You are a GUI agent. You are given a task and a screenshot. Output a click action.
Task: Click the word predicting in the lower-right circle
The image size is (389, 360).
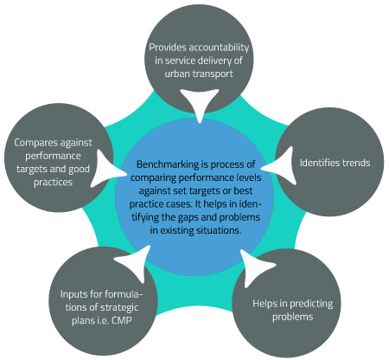click(311, 304)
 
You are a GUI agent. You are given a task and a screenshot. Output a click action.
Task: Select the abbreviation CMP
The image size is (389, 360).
click(121, 320)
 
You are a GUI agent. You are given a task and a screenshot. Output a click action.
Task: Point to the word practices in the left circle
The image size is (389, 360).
click(53, 183)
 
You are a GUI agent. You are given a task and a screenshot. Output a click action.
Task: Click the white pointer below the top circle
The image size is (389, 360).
click(199, 103)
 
